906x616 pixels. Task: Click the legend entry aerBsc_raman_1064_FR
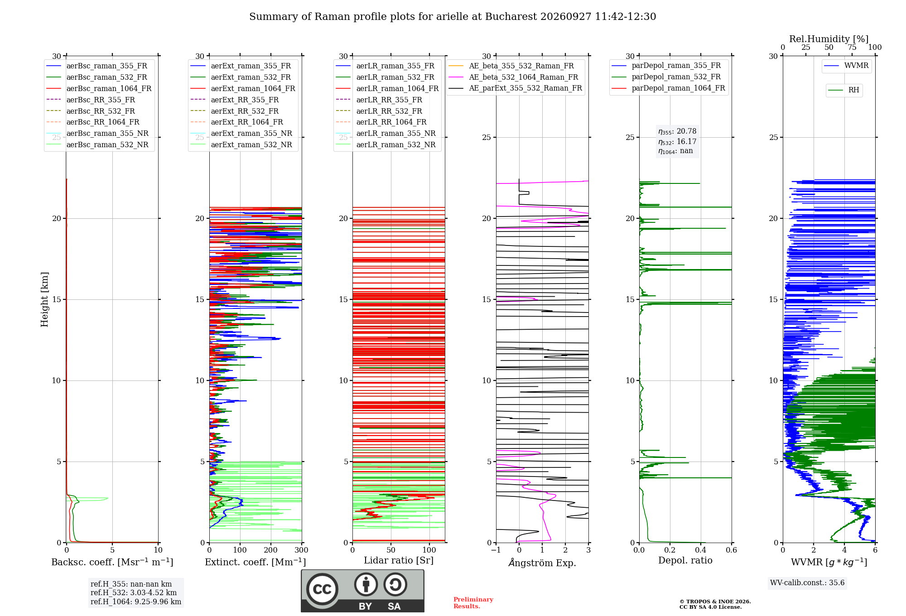(99, 89)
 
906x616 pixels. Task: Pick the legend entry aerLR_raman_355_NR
(386, 134)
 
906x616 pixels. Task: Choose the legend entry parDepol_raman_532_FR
(666, 77)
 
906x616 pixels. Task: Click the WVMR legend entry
(846, 66)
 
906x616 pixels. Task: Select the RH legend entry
(843, 90)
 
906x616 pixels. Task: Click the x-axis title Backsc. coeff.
(112, 562)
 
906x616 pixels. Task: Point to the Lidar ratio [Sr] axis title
(399, 560)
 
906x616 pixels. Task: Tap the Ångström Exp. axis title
(542, 563)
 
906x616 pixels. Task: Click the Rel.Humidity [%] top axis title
(829, 39)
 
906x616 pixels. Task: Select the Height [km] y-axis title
(44, 299)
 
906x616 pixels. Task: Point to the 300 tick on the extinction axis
(301, 550)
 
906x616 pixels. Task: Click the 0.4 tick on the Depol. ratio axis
(701, 550)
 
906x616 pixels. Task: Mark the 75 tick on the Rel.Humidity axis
(852, 48)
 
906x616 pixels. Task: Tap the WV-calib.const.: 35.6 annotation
(807, 582)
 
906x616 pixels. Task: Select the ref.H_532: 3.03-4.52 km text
(134, 592)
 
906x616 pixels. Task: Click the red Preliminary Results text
(473, 603)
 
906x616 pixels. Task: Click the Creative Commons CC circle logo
(322, 589)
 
